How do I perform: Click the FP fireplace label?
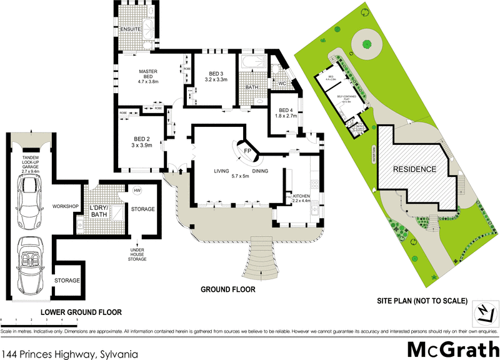[x=247, y=152]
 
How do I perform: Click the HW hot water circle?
[x=137, y=190]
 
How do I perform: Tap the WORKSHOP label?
[x=65, y=206]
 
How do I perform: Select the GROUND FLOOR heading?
[x=227, y=290]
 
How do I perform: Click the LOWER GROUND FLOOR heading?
[x=81, y=311]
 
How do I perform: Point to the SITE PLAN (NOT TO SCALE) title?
[x=422, y=301]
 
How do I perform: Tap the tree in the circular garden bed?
[x=365, y=44]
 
